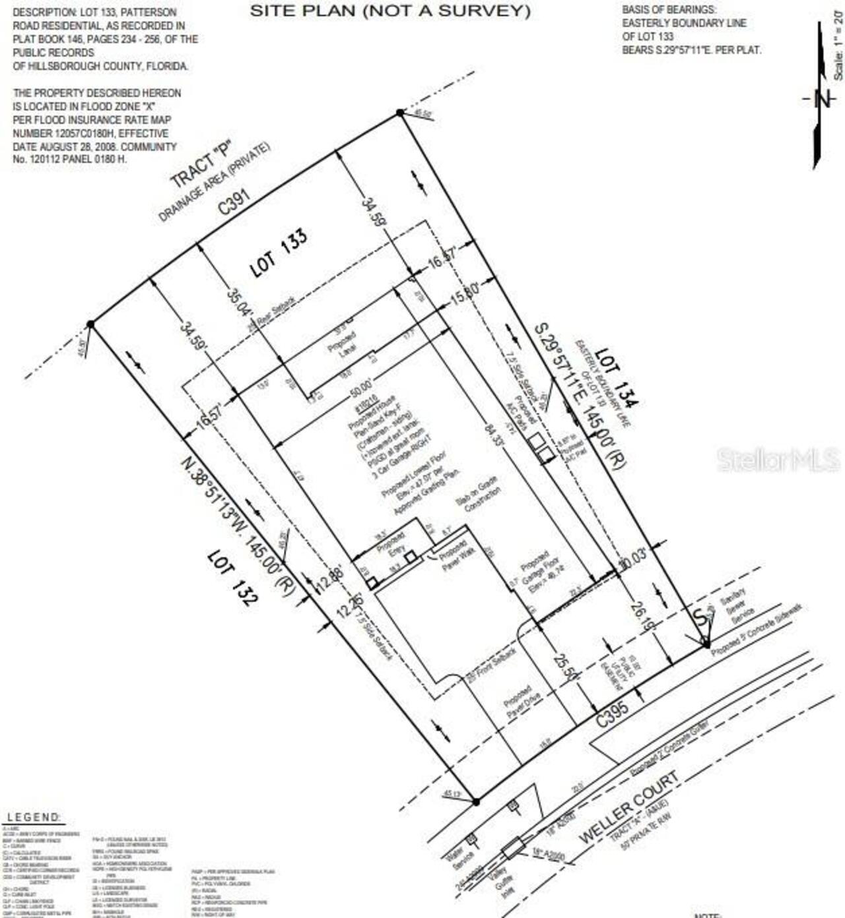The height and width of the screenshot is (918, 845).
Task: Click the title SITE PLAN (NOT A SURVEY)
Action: pos(389,11)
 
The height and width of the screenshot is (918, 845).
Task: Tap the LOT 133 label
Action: pos(279,253)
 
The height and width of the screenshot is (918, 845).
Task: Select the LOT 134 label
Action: pos(617,377)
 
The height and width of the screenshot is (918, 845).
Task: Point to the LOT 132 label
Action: pos(232,578)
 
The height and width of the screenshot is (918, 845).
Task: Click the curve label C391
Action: pos(236,202)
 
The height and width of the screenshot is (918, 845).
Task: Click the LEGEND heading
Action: pos(34,817)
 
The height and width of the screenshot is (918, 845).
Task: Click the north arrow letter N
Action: pos(822,99)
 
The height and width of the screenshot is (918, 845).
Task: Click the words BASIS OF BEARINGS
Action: pos(669,9)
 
